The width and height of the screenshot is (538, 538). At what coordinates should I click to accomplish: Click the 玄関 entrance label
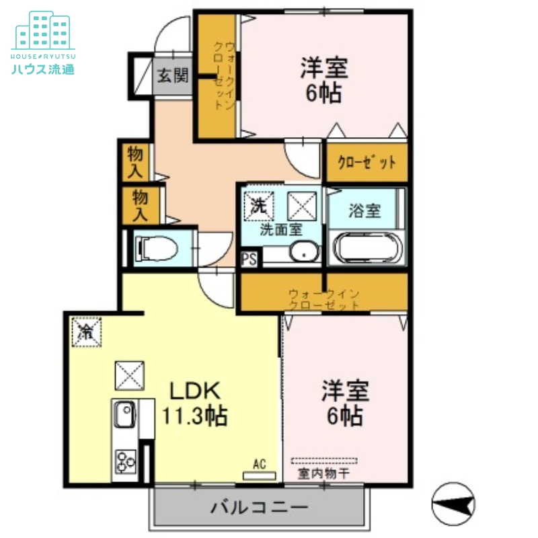point(173,75)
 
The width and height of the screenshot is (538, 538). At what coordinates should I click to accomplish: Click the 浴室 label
point(364,210)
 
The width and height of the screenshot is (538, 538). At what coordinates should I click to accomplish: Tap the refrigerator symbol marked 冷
point(87,331)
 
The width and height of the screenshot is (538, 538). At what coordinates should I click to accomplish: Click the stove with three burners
point(124,461)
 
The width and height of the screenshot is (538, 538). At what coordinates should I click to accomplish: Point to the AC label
point(260,463)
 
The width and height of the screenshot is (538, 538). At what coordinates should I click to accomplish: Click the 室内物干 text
point(323,474)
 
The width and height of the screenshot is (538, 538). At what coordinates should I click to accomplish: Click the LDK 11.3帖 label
point(194,403)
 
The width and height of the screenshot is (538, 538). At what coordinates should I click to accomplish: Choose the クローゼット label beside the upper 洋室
point(367,163)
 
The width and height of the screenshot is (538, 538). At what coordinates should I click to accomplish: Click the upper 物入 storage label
point(137,161)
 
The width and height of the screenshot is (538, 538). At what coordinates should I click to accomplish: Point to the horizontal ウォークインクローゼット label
point(324,299)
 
